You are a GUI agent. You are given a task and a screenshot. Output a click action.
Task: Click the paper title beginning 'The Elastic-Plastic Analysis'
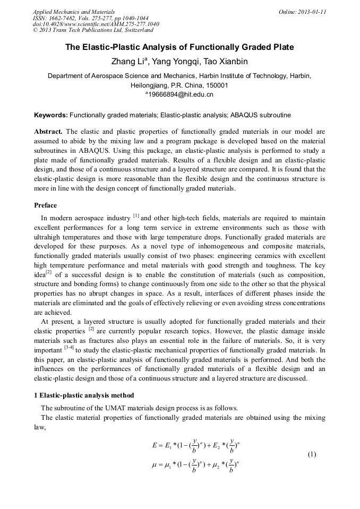click(179, 47)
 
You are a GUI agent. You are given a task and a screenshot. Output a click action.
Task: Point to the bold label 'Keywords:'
click(50, 115)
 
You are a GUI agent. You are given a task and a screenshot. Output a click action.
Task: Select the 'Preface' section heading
click(45, 205)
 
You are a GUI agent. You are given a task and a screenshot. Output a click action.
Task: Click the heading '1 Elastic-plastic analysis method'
click(84, 395)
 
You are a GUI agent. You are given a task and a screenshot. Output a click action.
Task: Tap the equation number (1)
click(312, 454)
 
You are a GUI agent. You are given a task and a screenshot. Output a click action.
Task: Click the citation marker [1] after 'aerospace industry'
click(136, 216)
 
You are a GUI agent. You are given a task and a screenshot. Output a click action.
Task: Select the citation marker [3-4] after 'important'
click(68, 348)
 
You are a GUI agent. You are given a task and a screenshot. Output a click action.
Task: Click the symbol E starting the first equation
click(154, 445)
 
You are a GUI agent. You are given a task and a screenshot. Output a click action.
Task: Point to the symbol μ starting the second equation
click(155, 465)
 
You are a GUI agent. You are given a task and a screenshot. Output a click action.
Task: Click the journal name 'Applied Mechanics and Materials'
click(73, 12)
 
